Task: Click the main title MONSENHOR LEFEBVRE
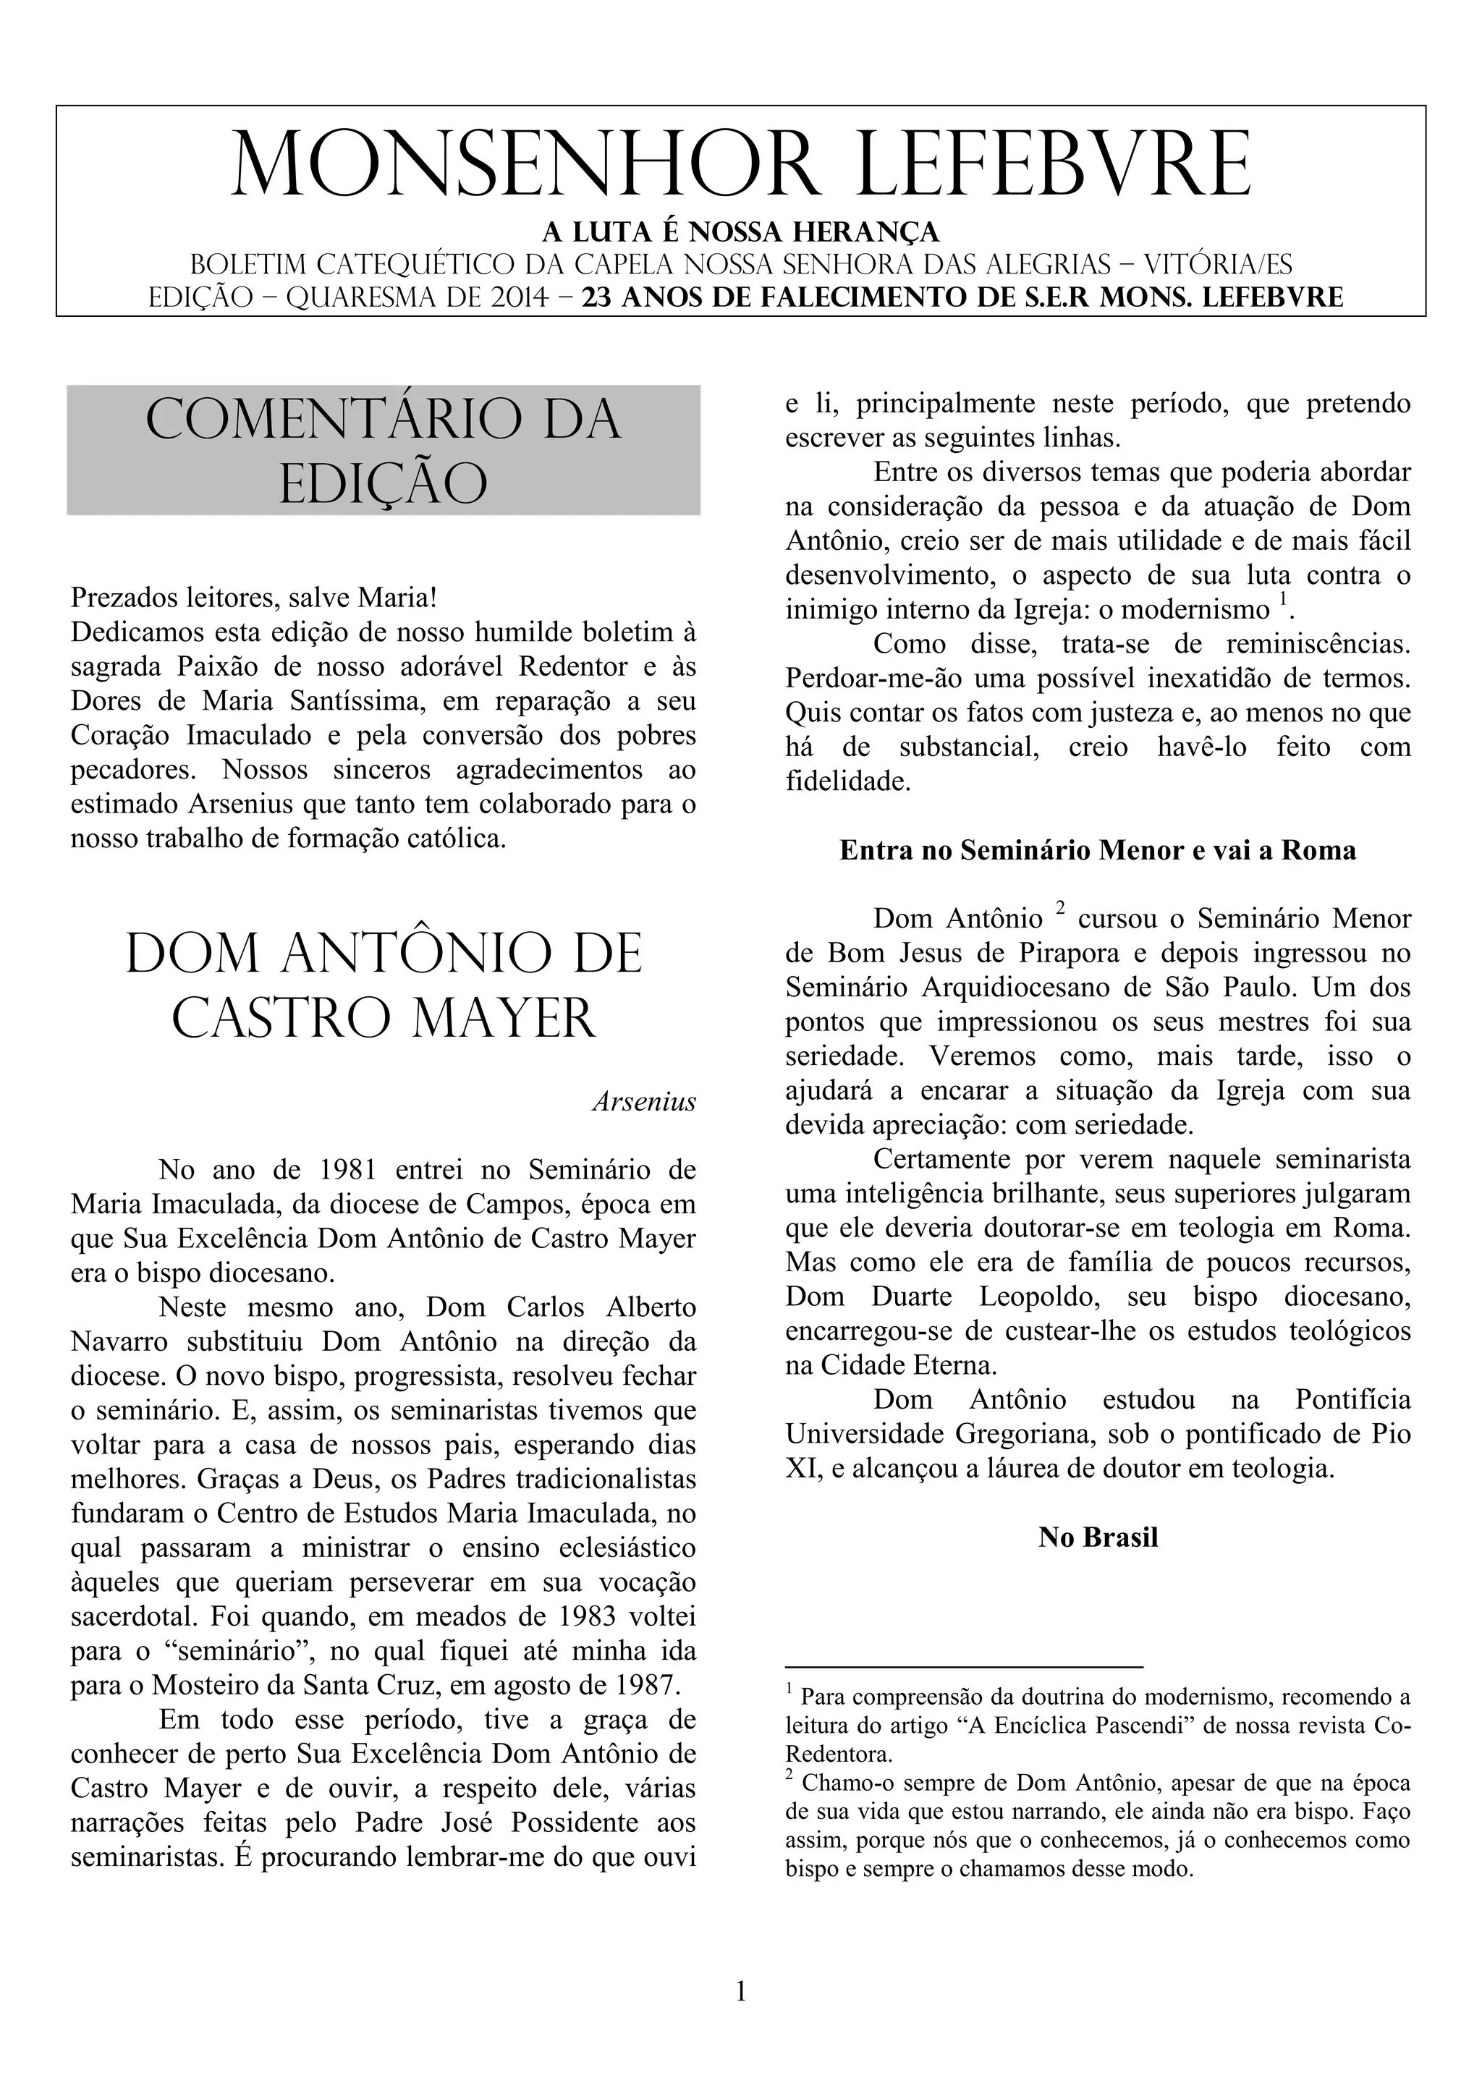740,164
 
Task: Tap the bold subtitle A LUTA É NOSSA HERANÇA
740,231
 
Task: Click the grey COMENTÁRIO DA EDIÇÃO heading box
384,450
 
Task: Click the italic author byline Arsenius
644,1102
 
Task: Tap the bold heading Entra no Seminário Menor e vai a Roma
1098,851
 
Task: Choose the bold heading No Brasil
1098,1537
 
